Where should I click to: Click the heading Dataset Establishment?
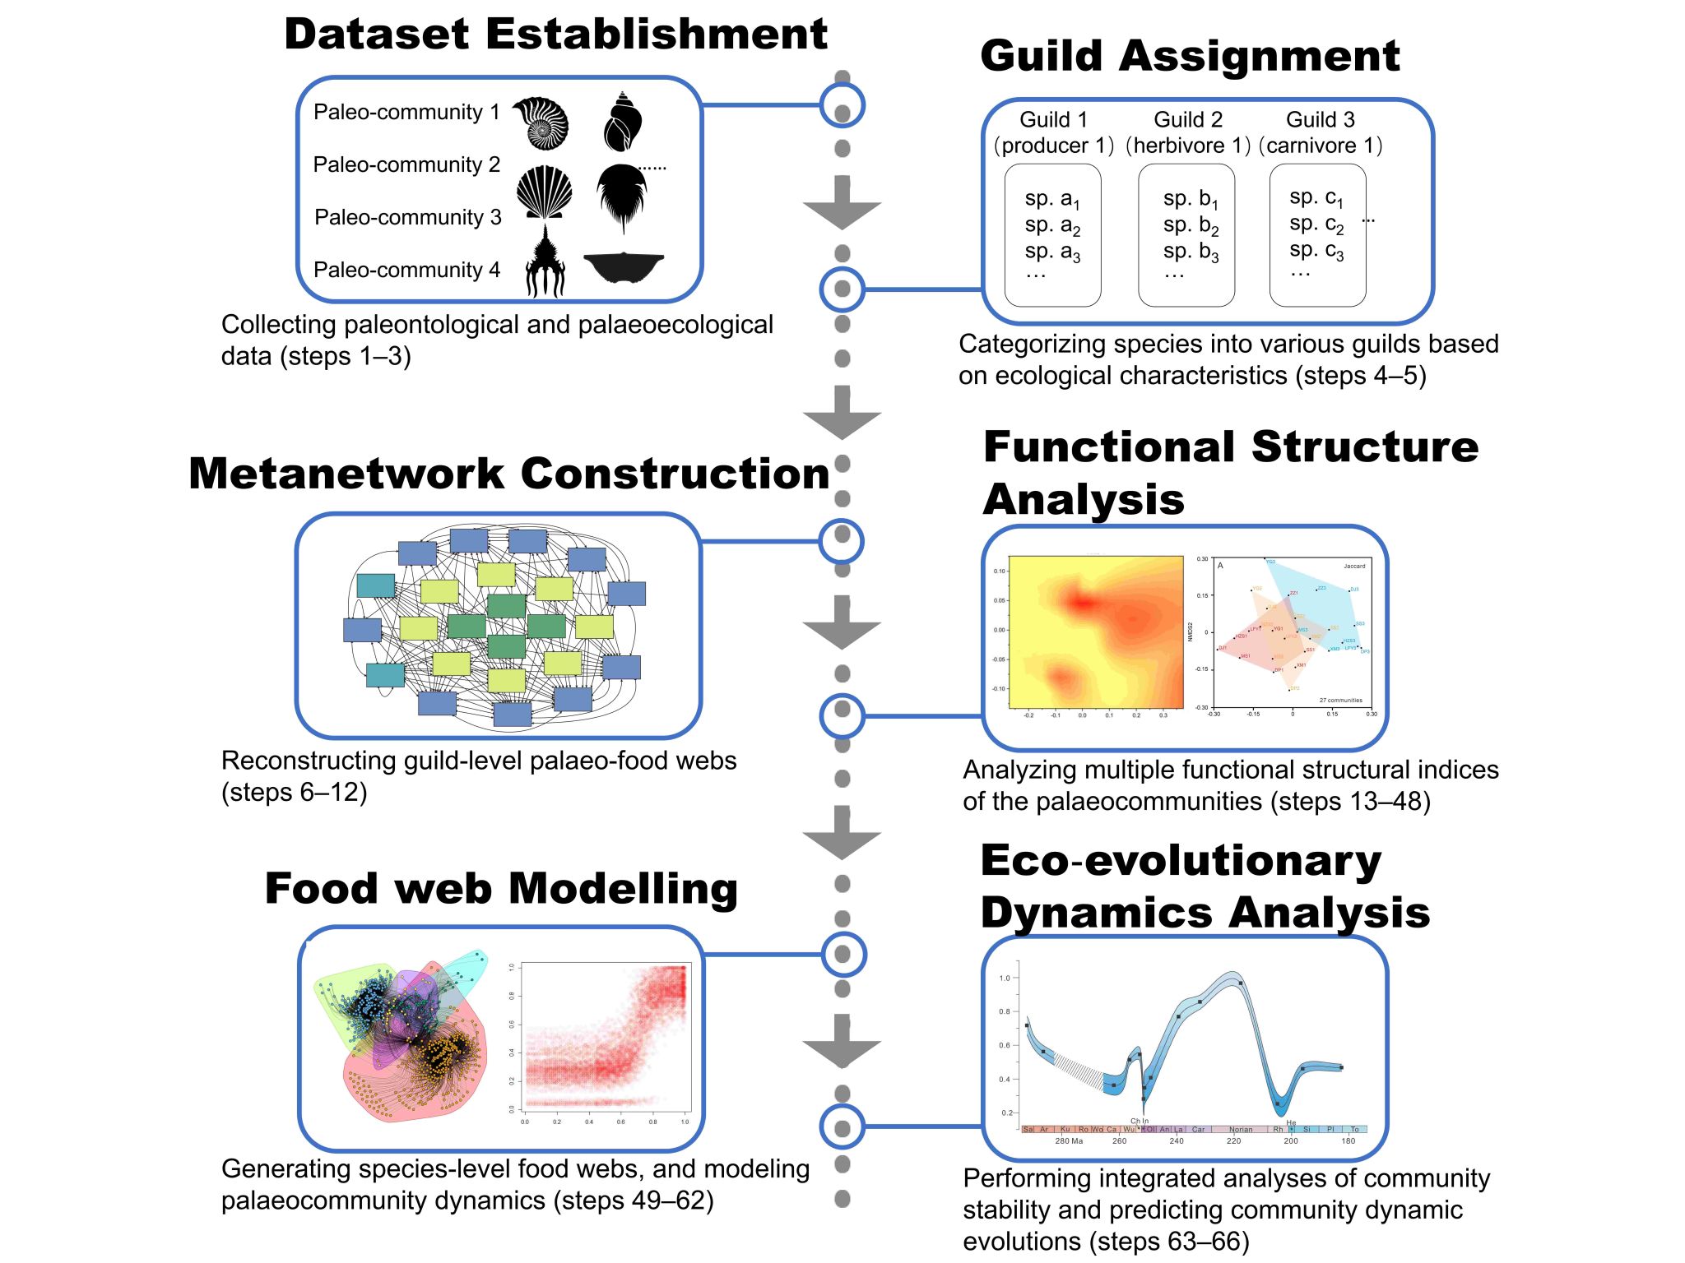coord(555,35)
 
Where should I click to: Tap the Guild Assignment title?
coord(1190,56)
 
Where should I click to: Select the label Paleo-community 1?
coord(406,112)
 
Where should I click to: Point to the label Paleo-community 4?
coord(406,270)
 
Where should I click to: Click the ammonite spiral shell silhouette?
coord(541,123)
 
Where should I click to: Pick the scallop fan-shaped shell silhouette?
coord(544,192)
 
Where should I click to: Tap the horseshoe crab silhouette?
coord(622,196)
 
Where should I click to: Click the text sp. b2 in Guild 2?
coord(1190,224)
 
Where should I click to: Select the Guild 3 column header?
coord(1320,120)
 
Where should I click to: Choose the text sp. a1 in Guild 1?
coord(1051,199)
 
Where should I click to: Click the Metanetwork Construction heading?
coord(508,474)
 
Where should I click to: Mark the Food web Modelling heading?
coord(501,889)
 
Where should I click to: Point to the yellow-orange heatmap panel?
coord(1095,631)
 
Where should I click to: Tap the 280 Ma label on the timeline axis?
coord(1069,1141)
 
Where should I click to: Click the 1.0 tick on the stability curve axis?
coord(1004,978)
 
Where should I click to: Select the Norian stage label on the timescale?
coord(1240,1130)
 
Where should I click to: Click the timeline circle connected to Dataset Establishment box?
coord(842,105)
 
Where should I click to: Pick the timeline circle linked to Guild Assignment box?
coord(842,289)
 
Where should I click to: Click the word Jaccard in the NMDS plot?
coord(1353,566)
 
